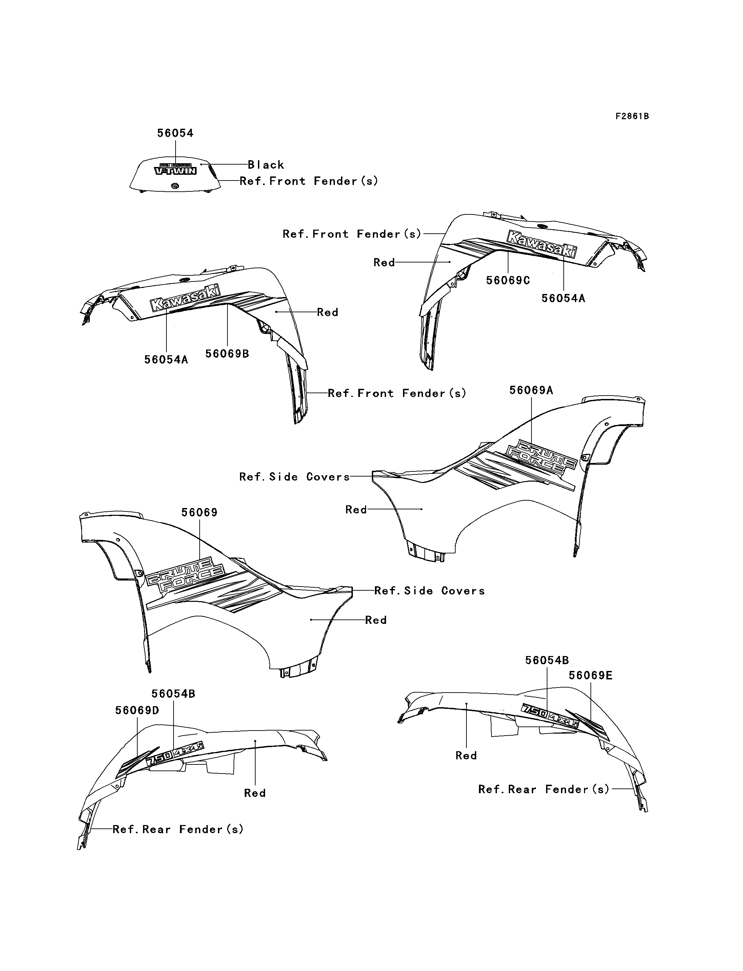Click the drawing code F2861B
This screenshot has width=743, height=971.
pyautogui.click(x=632, y=116)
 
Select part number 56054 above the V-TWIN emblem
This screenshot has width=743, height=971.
pyautogui.click(x=175, y=133)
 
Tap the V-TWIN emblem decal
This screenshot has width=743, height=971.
pyautogui.click(x=176, y=169)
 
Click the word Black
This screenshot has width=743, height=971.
pyautogui.click(x=266, y=165)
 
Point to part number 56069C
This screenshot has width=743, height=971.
pyautogui.click(x=508, y=281)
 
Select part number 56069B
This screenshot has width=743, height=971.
pyautogui.click(x=227, y=354)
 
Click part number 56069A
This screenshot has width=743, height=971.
pyautogui.click(x=531, y=390)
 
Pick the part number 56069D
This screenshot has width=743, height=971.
pyautogui.click(x=137, y=710)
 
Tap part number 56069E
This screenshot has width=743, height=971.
pyautogui.click(x=590, y=675)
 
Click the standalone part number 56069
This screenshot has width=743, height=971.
pyautogui.click(x=199, y=513)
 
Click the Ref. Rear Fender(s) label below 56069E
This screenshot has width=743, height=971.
pyautogui.click(x=544, y=789)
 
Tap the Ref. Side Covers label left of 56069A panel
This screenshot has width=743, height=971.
pyautogui.click(x=294, y=477)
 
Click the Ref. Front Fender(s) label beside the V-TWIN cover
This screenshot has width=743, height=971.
pyautogui.click(x=309, y=181)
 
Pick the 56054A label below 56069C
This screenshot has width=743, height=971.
pyautogui.click(x=563, y=298)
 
